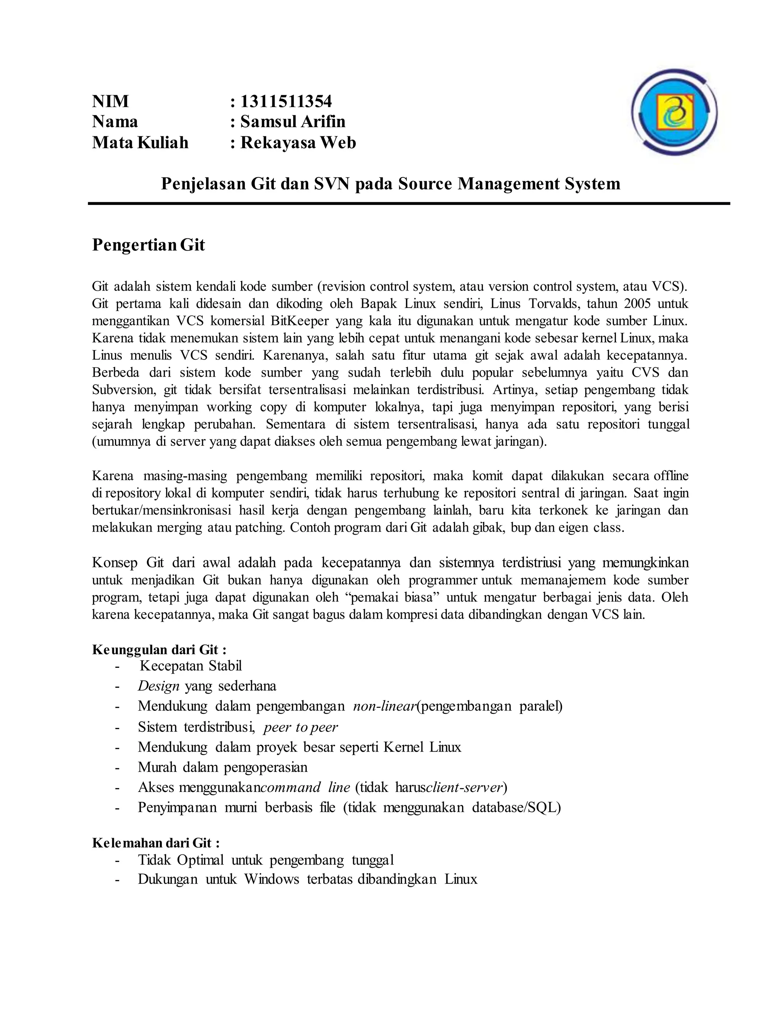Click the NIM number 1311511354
pos(286,101)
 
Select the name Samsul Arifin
pos(292,121)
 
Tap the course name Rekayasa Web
pos(298,142)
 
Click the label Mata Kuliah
pos(140,142)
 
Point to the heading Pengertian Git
pos(148,244)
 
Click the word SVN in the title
pos(331,184)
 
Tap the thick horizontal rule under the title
pos(409,203)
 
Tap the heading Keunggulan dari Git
pos(159,650)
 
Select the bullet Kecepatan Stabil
pos(190,666)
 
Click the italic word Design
pos(158,686)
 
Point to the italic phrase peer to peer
pos(300,727)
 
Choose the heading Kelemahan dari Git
pos(156,843)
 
